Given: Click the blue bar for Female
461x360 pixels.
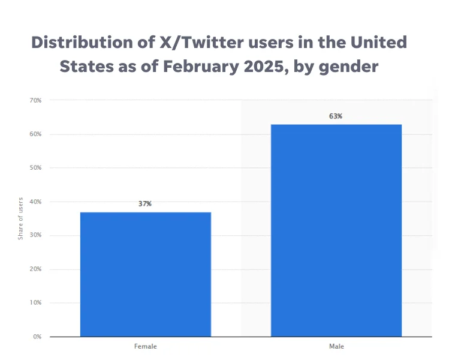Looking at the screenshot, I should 145,274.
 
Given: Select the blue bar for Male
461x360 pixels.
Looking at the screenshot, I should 336,230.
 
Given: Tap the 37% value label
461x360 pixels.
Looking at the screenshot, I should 145,204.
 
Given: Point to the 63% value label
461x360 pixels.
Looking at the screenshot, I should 336,116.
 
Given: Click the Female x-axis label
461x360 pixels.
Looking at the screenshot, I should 145,347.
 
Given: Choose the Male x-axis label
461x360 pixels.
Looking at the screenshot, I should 336,347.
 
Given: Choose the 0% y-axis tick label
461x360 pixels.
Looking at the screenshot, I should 37,337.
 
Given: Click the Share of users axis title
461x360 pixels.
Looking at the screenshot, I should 20,218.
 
